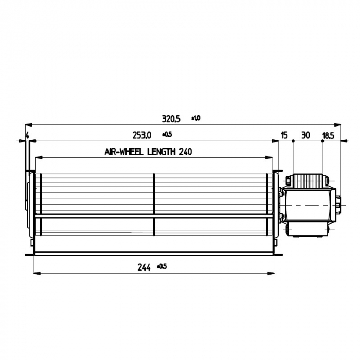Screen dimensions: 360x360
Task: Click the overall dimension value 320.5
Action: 171,119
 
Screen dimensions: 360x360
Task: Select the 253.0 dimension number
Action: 141,135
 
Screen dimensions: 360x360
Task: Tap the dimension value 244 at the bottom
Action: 144,267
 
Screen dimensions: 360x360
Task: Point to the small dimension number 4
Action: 27,136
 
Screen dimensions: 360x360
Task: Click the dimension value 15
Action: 284,135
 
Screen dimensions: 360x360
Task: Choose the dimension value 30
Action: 305,135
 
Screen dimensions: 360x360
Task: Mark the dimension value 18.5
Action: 328,135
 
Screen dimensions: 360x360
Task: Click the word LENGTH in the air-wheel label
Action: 162,152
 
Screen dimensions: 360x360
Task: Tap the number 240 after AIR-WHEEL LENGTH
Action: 187,152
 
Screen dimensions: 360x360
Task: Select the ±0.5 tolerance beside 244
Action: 162,266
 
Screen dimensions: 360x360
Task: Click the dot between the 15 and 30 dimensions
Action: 293,140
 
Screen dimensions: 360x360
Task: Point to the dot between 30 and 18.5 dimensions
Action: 322,140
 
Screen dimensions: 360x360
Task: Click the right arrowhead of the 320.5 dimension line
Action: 339,124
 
